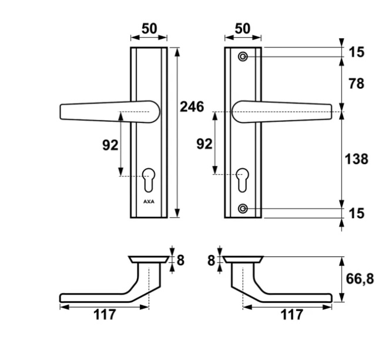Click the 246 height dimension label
192,107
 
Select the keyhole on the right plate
242,179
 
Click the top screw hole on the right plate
243,56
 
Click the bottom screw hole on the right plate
243,209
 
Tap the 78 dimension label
356,84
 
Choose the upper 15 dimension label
356,52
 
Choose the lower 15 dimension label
356,213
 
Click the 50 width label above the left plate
148,29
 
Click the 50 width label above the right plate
242,29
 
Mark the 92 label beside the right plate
203,144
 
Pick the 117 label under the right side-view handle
291,315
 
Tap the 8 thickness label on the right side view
212,259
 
